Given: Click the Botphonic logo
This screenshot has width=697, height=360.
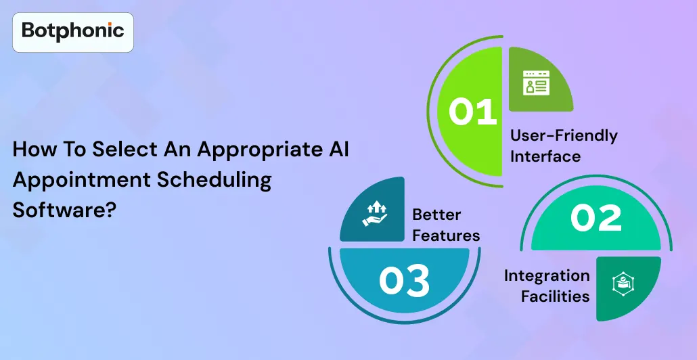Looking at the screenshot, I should [73, 31].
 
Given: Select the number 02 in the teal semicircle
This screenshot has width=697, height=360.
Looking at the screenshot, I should [595, 218].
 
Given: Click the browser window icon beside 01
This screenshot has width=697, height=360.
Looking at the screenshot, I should [537, 83].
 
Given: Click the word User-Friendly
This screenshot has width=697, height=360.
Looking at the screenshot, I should [564, 135].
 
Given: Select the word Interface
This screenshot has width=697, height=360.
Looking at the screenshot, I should [545, 156].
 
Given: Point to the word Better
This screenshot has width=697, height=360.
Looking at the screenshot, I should [436, 215].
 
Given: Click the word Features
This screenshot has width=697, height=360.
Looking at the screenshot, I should [446, 235].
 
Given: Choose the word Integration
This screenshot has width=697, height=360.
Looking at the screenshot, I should [547, 275].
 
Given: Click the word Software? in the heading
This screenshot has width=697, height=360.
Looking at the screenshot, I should [64, 210].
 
